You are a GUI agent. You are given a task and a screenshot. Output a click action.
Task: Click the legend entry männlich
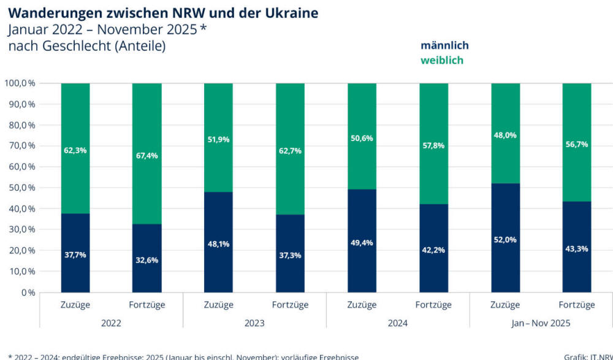click(444, 45)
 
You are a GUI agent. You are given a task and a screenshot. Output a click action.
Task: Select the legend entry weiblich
click(442, 60)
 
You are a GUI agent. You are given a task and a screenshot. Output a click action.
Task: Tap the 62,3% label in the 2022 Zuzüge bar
click(75, 150)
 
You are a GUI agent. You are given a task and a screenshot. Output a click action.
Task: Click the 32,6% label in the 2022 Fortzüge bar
click(147, 259)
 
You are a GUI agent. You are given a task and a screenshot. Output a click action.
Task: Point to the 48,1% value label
click(218, 243)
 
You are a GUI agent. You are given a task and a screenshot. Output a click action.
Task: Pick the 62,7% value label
click(290, 150)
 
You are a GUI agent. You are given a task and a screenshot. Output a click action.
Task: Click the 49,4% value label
click(362, 243)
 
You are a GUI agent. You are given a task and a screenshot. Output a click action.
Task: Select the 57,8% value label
click(433, 145)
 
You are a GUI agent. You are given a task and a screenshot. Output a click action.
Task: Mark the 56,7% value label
click(577, 145)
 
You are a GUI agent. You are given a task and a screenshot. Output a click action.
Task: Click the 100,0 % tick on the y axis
click(20, 83)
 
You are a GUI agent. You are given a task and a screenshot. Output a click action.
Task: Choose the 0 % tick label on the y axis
click(28, 293)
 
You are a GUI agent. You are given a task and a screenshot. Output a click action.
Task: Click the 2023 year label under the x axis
click(254, 323)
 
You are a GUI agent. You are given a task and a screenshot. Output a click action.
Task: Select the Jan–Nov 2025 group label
click(541, 323)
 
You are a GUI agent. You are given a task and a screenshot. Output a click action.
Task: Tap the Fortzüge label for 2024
click(433, 305)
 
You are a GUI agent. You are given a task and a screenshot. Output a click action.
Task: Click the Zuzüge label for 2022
click(75, 305)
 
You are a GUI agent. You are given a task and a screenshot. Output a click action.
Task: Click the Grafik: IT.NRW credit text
click(588, 356)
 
